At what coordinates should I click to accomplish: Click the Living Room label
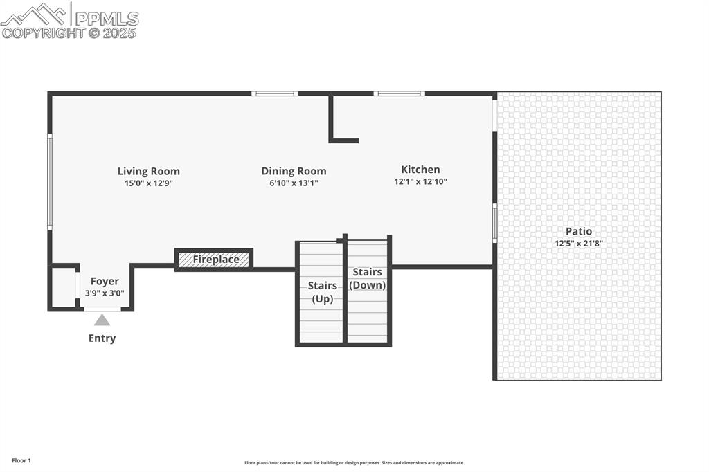(x=148, y=172)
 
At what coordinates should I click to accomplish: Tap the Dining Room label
(x=294, y=172)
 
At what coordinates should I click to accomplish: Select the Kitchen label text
(x=420, y=170)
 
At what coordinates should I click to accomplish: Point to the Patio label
(x=579, y=231)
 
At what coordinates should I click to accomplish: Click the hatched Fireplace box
(x=214, y=260)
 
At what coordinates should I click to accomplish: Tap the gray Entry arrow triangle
(x=102, y=320)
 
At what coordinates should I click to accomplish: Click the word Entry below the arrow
(x=102, y=338)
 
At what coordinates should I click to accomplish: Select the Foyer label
(x=105, y=282)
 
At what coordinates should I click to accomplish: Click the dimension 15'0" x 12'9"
(x=148, y=183)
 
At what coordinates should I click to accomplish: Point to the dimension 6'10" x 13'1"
(x=294, y=183)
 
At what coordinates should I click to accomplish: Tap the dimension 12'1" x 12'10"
(x=420, y=181)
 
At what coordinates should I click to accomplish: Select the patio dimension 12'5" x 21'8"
(x=579, y=243)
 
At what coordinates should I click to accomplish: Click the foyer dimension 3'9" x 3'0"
(x=105, y=293)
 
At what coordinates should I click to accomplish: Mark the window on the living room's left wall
(x=50, y=181)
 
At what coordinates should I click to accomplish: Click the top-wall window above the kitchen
(x=399, y=93)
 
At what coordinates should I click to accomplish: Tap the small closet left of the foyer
(x=64, y=287)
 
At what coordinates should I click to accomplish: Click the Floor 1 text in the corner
(x=21, y=460)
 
